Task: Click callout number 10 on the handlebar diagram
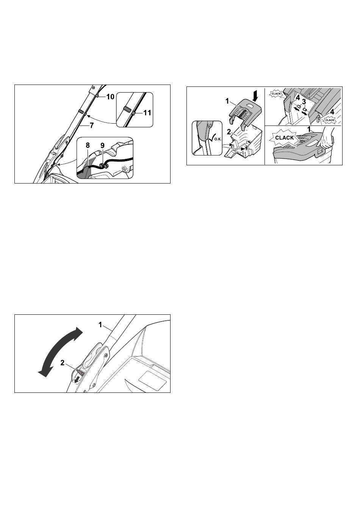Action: (110, 97)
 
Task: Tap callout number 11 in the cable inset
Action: (147, 113)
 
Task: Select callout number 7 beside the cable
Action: (92, 126)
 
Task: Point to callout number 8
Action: (88, 145)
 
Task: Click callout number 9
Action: (102, 145)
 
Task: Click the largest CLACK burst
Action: (284, 138)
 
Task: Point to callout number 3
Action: (304, 102)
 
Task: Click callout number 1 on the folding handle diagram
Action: (100, 325)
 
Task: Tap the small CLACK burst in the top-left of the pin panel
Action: (276, 94)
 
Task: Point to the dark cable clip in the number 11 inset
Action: (127, 108)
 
